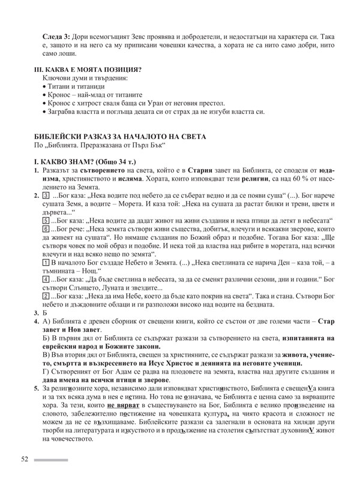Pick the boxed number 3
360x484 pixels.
point(46,196)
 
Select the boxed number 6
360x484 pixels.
point(46,230)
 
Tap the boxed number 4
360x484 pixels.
point(46,296)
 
